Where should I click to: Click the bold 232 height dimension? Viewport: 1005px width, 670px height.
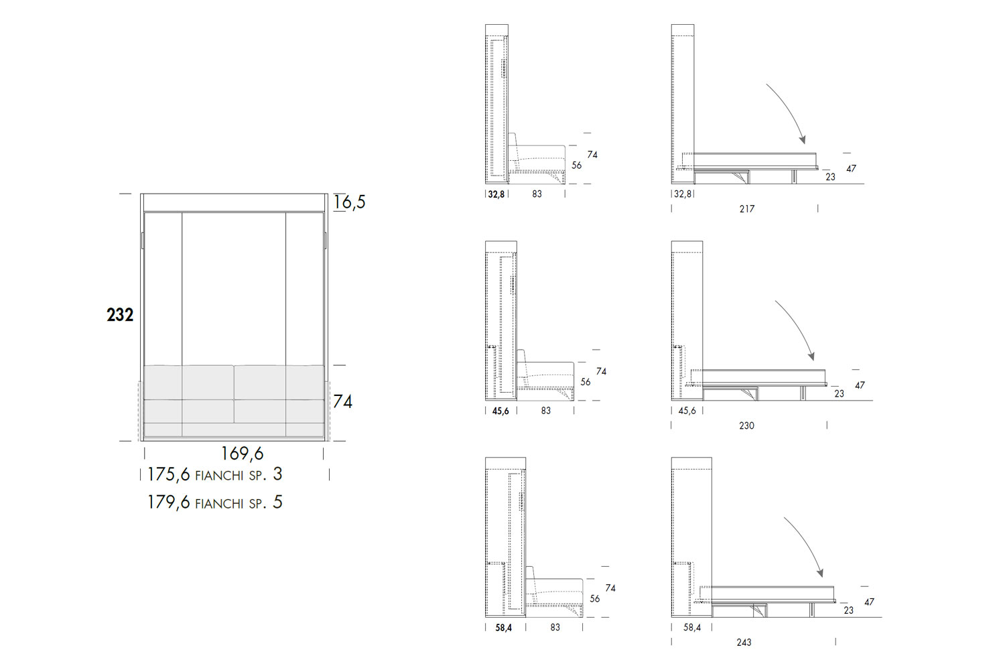pos(120,315)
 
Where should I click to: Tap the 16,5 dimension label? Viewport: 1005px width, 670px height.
pos(350,202)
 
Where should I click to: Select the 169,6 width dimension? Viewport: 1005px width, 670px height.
pos(243,454)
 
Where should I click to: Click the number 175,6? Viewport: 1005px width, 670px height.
pos(169,474)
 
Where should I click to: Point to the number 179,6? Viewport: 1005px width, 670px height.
pos(169,502)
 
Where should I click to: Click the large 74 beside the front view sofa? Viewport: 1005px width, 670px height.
pos(343,401)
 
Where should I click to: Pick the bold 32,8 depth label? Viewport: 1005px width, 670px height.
pos(496,194)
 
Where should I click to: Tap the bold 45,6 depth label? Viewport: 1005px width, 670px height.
pos(500,411)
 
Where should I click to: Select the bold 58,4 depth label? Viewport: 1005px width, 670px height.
pos(503,628)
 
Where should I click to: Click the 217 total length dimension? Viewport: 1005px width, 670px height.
pos(747,208)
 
